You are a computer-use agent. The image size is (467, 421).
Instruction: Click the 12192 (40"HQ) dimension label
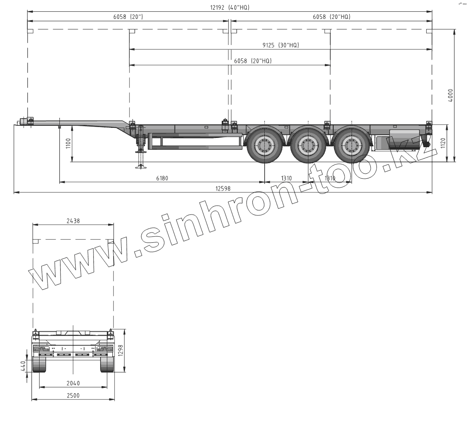(x=230, y=8)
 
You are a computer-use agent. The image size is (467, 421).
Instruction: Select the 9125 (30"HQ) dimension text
(x=281, y=45)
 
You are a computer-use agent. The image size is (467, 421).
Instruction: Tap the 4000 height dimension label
(x=450, y=95)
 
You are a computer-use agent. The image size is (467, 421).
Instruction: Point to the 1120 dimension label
(x=443, y=143)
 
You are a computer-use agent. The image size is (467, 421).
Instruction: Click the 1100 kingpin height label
(x=68, y=144)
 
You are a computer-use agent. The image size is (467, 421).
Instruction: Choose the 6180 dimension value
(x=162, y=178)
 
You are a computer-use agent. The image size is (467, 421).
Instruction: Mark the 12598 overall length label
(x=223, y=188)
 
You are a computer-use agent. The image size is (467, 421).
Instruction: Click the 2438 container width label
(x=73, y=221)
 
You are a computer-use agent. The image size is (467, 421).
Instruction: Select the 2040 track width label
(x=73, y=383)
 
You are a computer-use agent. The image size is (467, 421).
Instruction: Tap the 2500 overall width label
(x=73, y=395)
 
